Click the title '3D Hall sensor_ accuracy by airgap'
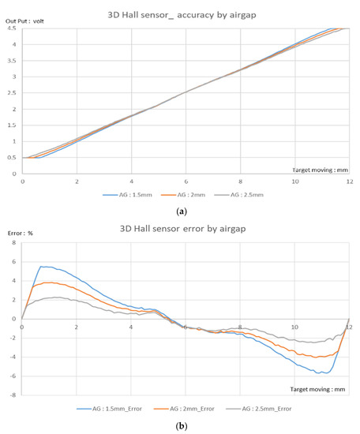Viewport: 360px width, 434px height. tap(181, 13)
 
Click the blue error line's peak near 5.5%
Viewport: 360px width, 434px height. tap(43, 267)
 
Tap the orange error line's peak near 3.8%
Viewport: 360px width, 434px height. tap(49, 282)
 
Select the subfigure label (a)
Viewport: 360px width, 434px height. tap(181, 211)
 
